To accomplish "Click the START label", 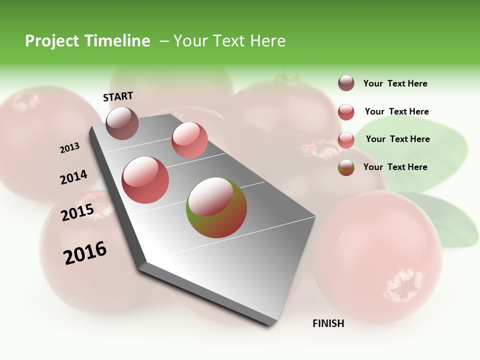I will [x=118, y=96].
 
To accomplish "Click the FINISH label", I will [x=328, y=323].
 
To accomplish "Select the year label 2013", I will [x=69, y=148].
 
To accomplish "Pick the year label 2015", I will [x=77, y=212].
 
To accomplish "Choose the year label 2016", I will [x=85, y=252].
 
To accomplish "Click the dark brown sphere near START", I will [x=122, y=123].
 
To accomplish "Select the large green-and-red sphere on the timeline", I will [x=216, y=207].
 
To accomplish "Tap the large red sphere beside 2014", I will [x=145, y=180].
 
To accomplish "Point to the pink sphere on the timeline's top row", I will [x=189, y=140].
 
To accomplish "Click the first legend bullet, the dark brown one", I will [x=346, y=83].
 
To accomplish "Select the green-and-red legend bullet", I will [x=346, y=167].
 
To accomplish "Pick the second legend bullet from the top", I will [x=346, y=112].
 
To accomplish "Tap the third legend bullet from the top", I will [x=346, y=140].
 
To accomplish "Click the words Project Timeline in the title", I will [x=87, y=41].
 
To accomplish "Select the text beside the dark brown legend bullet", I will [x=395, y=83].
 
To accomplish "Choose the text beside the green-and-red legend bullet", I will [x=395, y=167].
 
